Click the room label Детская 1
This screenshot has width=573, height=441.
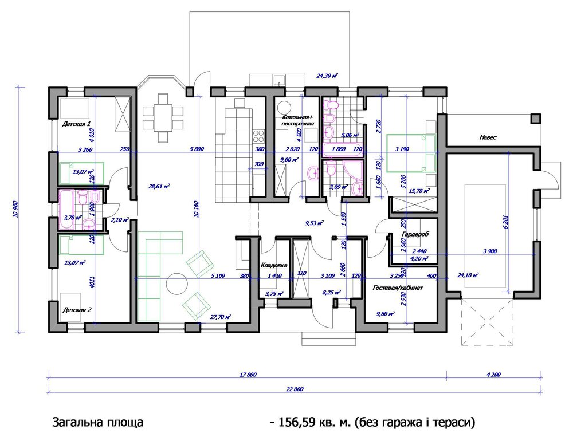[x=76, y=124]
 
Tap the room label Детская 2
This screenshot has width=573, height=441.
[x=76, y=309]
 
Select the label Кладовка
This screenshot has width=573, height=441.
[x=273, y=265]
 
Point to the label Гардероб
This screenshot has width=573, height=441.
[x=415, y=235]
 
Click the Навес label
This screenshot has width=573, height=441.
[x=488, y=138]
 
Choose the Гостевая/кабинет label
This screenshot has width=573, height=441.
[x=397, y=288]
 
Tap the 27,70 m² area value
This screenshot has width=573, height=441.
[x=220, y=316]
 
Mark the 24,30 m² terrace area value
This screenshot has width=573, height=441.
[x=327, y=75]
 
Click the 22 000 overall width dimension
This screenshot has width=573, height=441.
[x=294, y=389]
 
